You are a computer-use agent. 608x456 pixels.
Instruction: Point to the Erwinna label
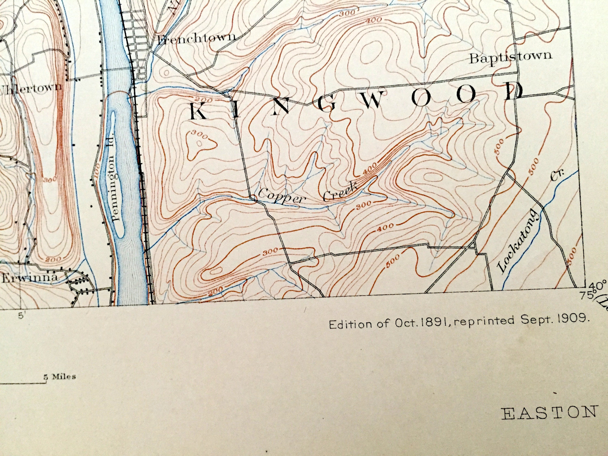coord(30,278)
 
